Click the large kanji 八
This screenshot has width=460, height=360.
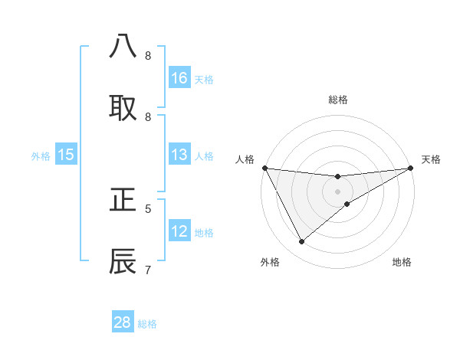pos(123,47)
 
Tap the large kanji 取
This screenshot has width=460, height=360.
pos(123,108)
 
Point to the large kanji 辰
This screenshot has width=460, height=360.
pos(123,261)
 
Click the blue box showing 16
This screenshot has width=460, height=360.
pos(179,78)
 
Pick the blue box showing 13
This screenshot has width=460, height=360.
pos(179,155)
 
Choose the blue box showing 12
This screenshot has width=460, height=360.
pos(179,231)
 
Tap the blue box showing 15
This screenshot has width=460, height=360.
pos(66,155)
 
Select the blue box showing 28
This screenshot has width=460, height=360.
pos(123,322)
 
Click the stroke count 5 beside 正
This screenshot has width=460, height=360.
pos(148,208)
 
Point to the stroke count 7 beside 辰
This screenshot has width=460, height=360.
pos(148,270)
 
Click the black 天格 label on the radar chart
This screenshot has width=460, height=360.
pos(431,159)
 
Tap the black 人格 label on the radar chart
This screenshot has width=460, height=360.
pos(245,159)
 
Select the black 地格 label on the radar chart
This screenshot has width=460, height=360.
pos(402,262)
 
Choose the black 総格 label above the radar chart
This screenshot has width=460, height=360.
pos(338,100)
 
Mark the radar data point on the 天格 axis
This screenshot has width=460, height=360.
pos(411,168)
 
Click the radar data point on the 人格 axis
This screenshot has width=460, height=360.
pos(264,168)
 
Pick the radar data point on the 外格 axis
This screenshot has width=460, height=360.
pos(301,242)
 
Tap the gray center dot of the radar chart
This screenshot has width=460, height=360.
pos(338,191)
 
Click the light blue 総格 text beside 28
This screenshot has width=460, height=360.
pos(147,324)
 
